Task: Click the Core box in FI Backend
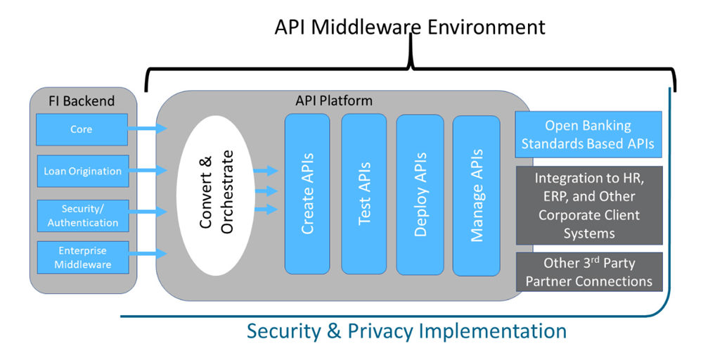point(82,129)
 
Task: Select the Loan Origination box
point(82,171)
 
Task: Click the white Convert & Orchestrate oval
point(216,191)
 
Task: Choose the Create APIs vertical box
point(307,193)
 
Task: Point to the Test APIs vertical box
point(364,193)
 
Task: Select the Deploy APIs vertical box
point(420,193)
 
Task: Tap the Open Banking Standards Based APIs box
point(588,135)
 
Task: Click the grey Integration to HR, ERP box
point(588,205)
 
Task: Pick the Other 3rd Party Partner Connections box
point(588,272)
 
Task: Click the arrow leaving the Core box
point(149,128)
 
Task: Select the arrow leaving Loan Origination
point(149,170)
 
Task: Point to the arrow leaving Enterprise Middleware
point(149,254)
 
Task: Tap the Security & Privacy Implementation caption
point(406,330)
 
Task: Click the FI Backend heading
point(82,101)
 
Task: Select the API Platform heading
point(334,101)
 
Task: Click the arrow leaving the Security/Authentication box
point(149,212)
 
